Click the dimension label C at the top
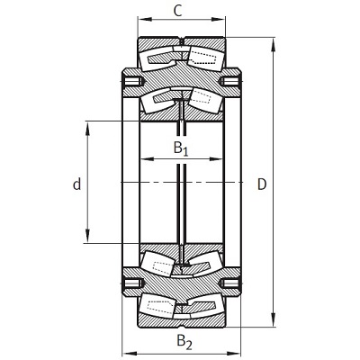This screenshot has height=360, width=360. [178, 12]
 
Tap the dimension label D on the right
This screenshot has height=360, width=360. [262, 184]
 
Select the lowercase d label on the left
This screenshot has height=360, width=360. [77, 184]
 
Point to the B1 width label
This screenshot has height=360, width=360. [181, 148]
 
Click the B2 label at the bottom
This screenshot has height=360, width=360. [184, 342]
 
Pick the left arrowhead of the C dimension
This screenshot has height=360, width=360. [142, 20]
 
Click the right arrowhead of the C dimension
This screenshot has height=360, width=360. [220, 20]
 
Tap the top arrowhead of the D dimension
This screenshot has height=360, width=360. [273, 44]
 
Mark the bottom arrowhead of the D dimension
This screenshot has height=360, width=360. [273, 319]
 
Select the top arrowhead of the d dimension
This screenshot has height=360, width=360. [87, 129]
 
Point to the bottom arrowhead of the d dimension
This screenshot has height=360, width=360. [87, 236]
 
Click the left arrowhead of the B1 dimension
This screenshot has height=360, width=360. [147, 159]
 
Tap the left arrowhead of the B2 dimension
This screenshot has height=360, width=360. [129, 353]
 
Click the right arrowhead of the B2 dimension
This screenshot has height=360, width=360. [235, 353]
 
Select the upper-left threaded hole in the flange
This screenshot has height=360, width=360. [133, 81]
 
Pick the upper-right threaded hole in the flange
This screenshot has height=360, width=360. [230, 81]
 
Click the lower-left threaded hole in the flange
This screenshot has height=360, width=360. [133, 283]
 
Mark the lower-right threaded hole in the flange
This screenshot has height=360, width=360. [230, 283]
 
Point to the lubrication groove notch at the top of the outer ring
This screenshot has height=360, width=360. [182, 40]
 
